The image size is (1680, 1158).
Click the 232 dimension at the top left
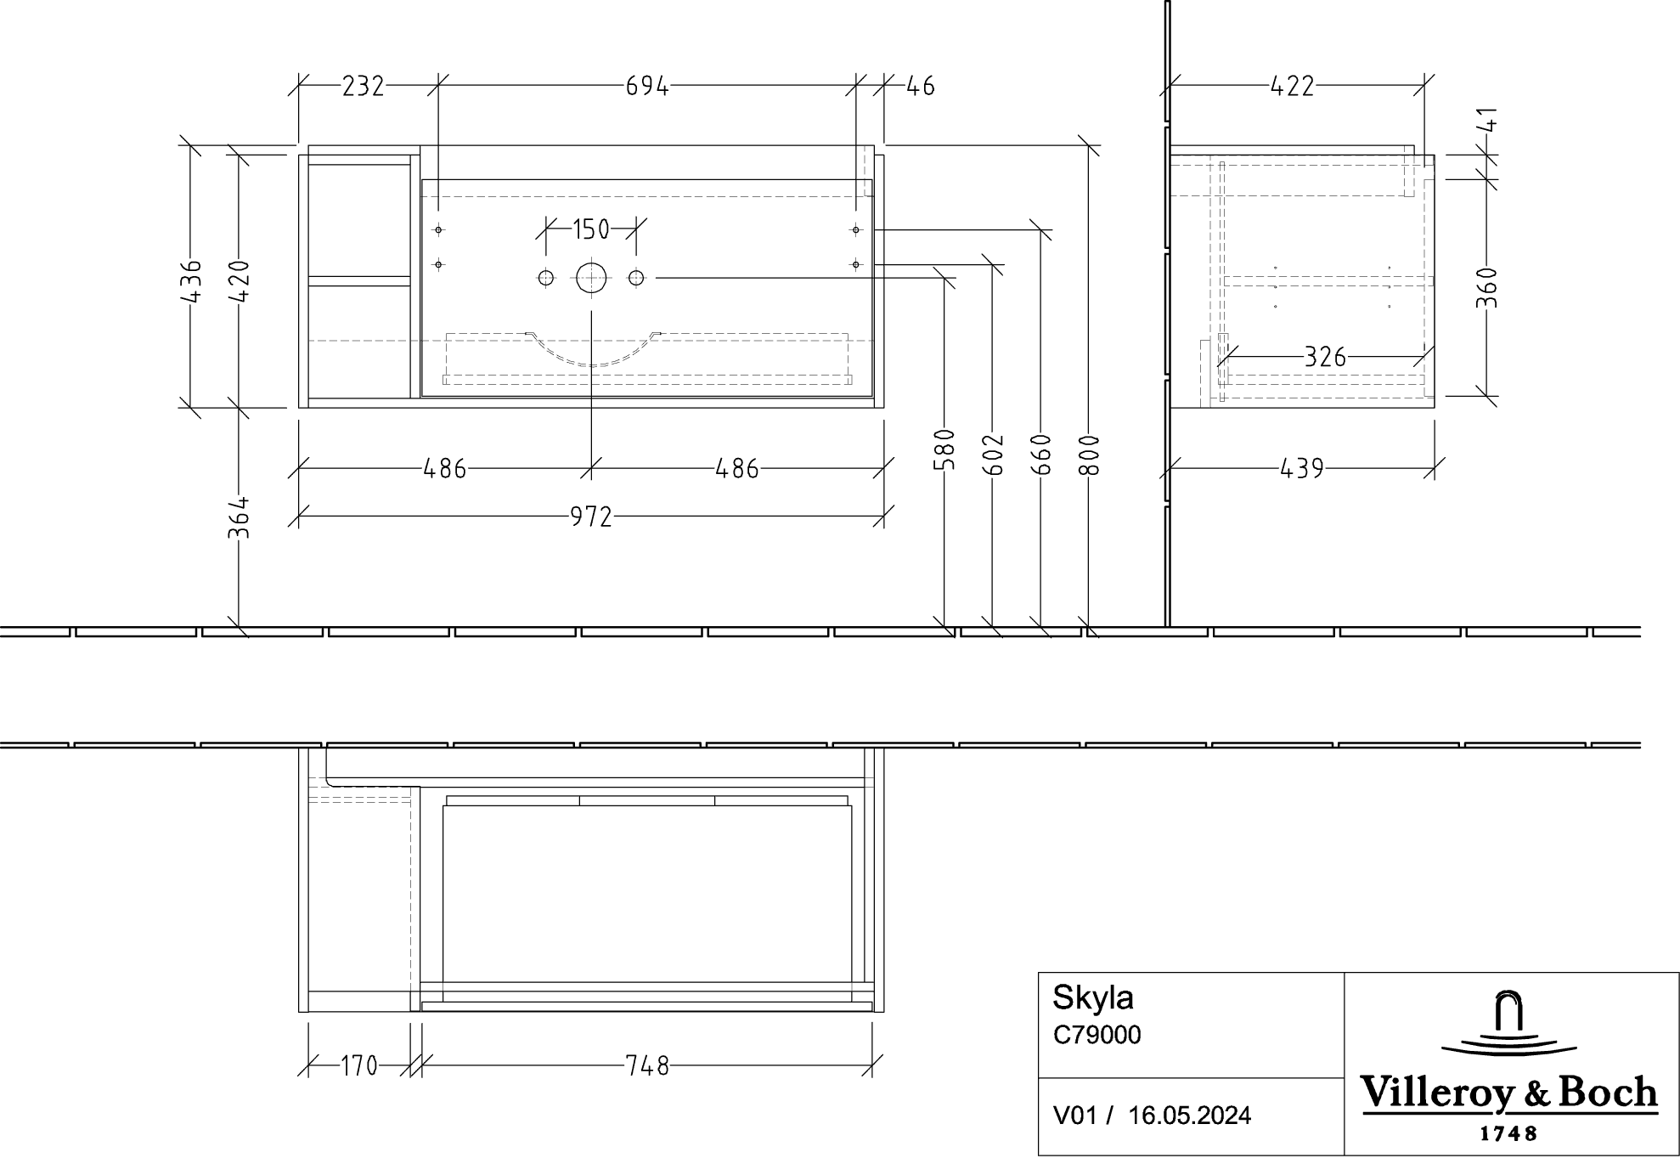point(363,86)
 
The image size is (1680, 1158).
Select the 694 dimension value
point(647,86)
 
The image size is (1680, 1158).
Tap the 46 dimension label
point(920,86)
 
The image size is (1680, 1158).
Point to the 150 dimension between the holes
point(591,229)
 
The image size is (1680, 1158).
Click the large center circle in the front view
point(591,278)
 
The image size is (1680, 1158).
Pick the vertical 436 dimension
point(192,281)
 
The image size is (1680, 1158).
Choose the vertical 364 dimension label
point(240,517)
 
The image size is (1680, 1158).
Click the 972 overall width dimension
point(590,517)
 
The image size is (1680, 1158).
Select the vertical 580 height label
point(944,449)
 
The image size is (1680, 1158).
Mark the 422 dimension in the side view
point(1292,86)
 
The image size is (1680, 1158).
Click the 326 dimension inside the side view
point(1325,358)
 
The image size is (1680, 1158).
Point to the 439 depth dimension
point(1301,468)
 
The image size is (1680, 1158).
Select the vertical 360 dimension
point(1487,287)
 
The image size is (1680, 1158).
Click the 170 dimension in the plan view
point(358,1065)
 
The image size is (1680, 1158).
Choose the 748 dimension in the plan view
point(647,1065)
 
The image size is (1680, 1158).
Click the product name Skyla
point(1093,997)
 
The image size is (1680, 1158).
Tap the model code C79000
point(1097,1035)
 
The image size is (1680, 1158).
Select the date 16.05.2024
point(1189,1116)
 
